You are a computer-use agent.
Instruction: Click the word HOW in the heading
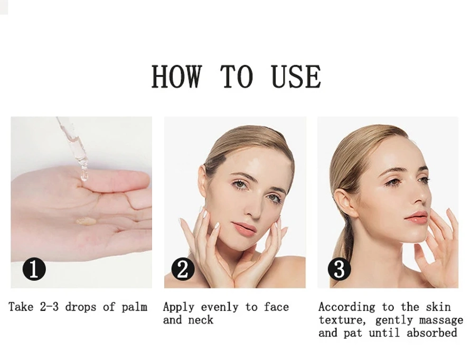(176, 76)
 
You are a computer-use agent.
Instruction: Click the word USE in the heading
(296, 76)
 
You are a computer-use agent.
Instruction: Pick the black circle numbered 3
(340, 269)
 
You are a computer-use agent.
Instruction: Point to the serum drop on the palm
(86, 221)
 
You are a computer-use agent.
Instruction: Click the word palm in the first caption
(135, 307)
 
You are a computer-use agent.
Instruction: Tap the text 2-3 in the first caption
(49, 307)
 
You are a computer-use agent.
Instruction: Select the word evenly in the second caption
(220, 307)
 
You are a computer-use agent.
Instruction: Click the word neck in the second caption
(201, 320)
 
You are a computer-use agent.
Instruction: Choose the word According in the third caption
(346, 307)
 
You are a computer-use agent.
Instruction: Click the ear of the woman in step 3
(345, 203)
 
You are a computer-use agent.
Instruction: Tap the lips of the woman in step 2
(244, 227)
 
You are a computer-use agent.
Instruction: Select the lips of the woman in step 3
(418, 217)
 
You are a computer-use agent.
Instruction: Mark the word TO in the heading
(237, 76)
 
